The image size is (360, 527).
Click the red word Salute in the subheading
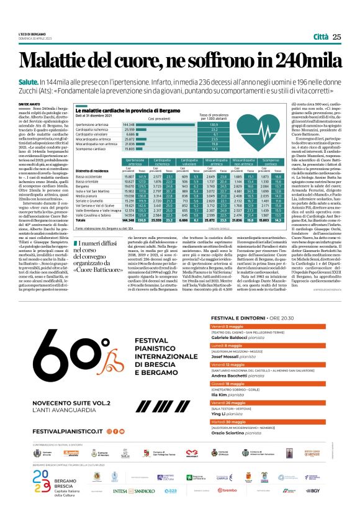[x=29, y=82]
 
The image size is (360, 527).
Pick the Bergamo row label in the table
[x=83, y=185]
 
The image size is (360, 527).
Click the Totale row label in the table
[x=81, y=220]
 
